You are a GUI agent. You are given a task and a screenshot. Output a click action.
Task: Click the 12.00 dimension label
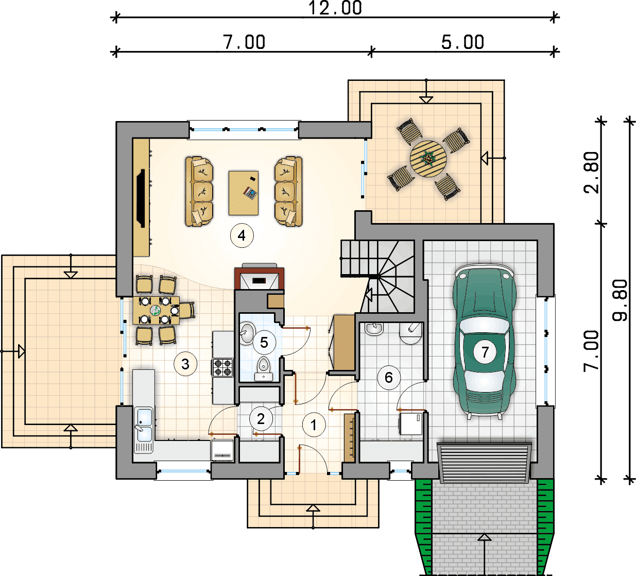pos(335,8)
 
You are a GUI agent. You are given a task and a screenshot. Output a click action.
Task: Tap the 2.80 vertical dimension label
pos(592,173)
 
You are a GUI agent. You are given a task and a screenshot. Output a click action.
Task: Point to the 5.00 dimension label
pos(462,42)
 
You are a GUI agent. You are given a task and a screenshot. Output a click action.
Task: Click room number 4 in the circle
pos(242,235)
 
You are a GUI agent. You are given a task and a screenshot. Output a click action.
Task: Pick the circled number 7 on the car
pos(485,352)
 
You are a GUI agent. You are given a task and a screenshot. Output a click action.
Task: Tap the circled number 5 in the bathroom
pos(264,343)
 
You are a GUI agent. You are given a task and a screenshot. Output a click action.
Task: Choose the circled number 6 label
pos(389,378)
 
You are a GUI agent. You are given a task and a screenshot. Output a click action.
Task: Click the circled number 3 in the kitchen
pos(185,364)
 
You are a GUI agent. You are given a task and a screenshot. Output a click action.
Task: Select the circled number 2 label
pos(261,419)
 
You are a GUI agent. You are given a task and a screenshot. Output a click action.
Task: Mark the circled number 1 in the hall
pos(314,425)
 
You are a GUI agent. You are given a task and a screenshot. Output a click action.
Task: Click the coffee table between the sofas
pos(244,193)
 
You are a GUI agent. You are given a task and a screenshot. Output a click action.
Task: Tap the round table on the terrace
pos(428,159)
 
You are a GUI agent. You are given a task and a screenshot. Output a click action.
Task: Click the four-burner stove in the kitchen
pos(222,367)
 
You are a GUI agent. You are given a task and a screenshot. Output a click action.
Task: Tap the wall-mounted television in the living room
pos(141,198)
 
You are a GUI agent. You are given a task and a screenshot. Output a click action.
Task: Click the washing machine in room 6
pos(411,423)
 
